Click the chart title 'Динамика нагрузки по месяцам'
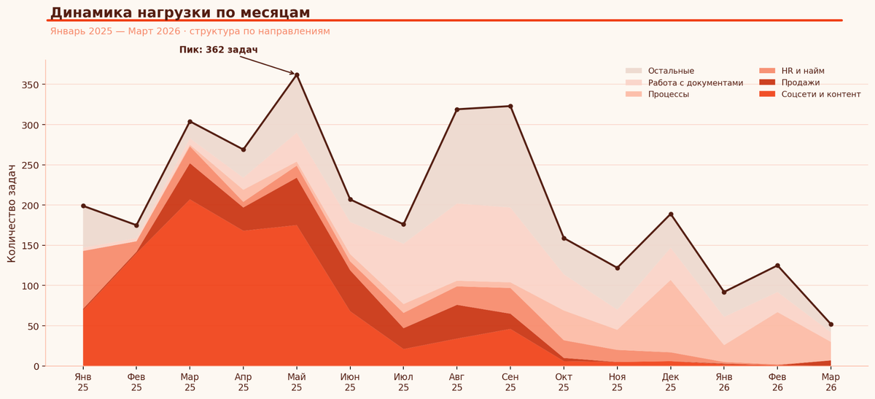pyautogui.click(x=180, y=12)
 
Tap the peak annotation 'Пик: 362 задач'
pyautogui.click(x=218, y=50)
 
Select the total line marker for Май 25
pyautogui.click(x=297, y=74)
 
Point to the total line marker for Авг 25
pyautogui.click(x=457, y=109)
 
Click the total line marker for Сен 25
pyautogui.click(x=510, y=106)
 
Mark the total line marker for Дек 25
pyautogui.click(x=671, y=214)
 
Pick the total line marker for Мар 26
pyautogui.click(x=831, y=325)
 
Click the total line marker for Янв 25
pyautogui.click(x=83, y=206)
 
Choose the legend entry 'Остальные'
pyautogui.click(x=671, y=71)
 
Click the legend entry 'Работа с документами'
pyautogui.click(x=695, y=82)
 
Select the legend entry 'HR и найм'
pyautogui.click(x=803, y=71)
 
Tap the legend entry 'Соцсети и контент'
pyautogui.click(x=820, y=94)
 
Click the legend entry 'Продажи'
pyautogui.click(x=800, y=82)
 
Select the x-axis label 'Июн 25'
pyautogui.click(x=350, y=382)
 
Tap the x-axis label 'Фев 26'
pyautogui.click(x=777, y=382)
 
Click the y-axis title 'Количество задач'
pyautogui.click(x=12, y=213)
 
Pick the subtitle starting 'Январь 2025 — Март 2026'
pyautogui.click(x=190, y=31)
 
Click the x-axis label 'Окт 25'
pyautogui.click(x=564, y=382)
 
